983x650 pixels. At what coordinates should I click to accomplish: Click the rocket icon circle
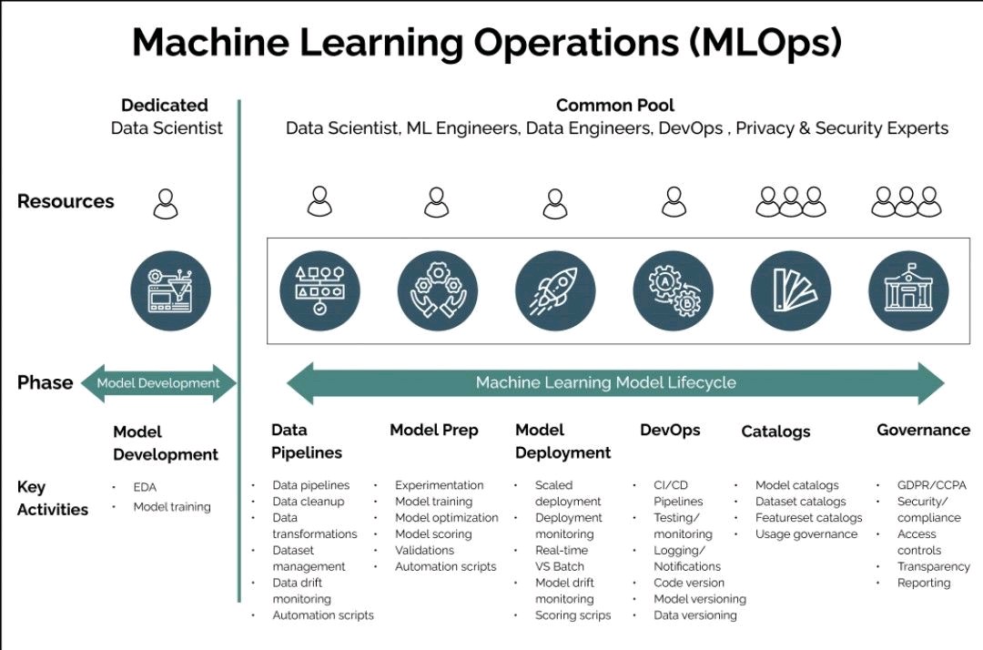pos(555,291)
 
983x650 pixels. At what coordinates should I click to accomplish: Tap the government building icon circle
pos(908,291)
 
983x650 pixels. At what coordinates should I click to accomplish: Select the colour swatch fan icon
pos(791,291)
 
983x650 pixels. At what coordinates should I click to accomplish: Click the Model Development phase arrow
pos(158,383)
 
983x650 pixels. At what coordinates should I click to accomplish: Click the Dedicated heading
pos(165,106)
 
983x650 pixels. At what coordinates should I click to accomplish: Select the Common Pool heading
pos(615,106)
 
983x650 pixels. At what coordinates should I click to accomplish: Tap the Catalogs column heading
pos(775,432)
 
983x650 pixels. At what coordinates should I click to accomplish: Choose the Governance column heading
pos(923,430)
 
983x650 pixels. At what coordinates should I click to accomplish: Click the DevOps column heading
pos(670,430)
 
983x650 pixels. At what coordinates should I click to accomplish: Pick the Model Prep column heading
pos(434,430)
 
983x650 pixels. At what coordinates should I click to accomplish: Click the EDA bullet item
pos(145,487)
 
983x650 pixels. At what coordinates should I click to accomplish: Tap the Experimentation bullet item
pos(439,485)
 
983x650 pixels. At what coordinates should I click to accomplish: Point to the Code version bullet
pos(689,583)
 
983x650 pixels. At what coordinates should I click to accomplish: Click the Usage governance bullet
pos(806,534)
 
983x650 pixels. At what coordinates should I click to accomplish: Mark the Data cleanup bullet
pos(309,502)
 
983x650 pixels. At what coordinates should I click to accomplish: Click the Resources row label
pos(66,201)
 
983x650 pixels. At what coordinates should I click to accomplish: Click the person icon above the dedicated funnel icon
pos(166,203)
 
